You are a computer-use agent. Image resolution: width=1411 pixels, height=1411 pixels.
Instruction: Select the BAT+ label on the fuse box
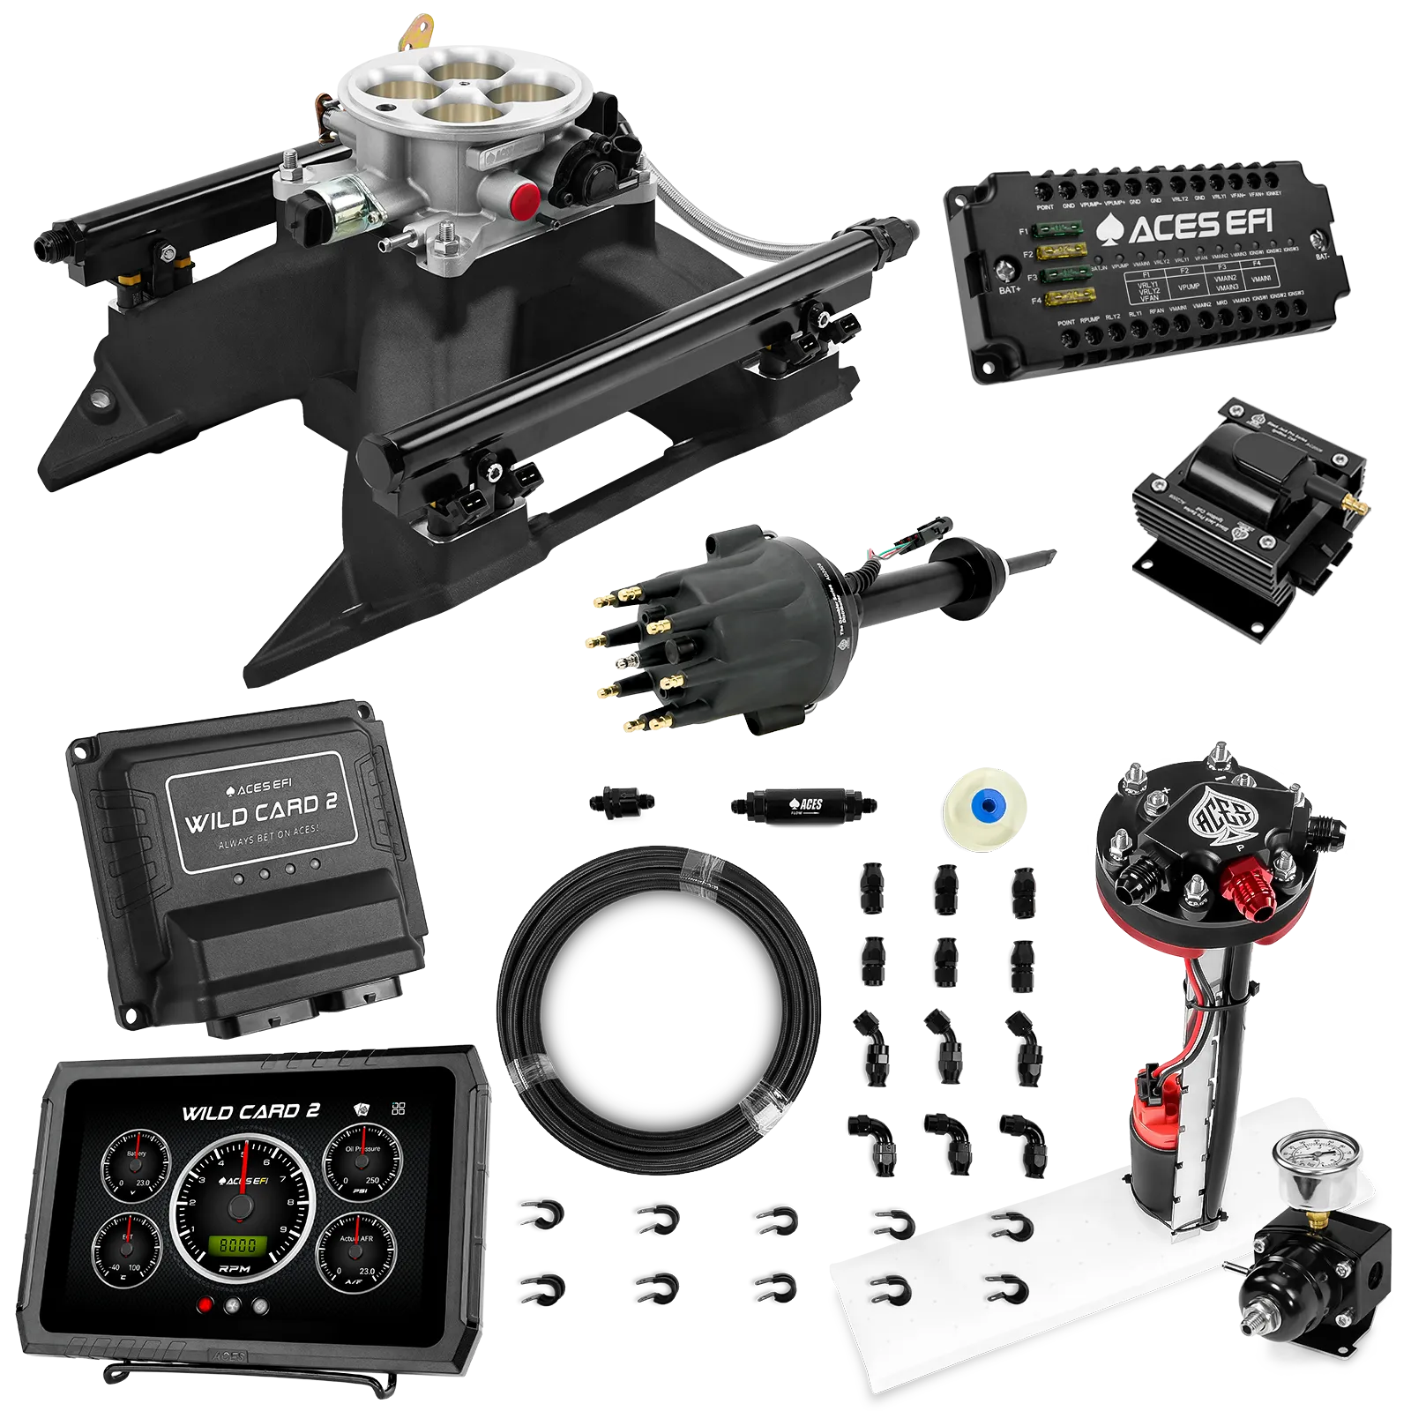click(x=1009, y=289)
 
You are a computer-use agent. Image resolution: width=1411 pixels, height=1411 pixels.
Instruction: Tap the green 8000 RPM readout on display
click(x=238, y=1245)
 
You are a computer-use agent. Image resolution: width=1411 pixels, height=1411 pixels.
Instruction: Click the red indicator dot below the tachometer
click(x=206, y=1306)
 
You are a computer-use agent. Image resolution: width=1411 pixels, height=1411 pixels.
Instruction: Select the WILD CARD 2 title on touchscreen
click(x=250, y=1112)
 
